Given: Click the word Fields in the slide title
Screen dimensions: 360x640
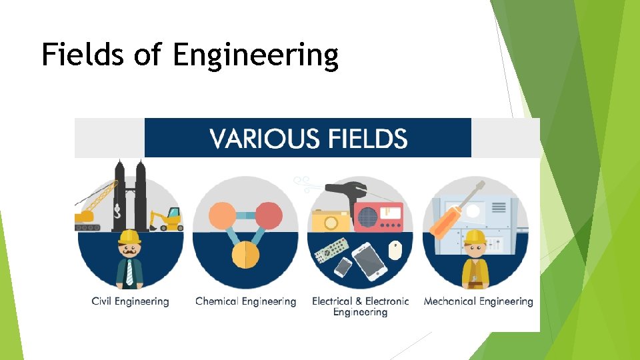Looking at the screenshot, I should pyautogui.click(x=82, y=55).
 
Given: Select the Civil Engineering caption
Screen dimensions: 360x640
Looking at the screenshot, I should pyautogui.click(x=130, y=301).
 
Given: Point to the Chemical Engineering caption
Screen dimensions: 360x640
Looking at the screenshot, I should pyautogui.click(x=245, y=301).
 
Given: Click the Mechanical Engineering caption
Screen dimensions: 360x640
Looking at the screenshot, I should pyautogui.click(x=478, y=301).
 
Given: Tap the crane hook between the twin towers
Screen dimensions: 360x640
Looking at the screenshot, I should pyautogui.click(x=117, y=212).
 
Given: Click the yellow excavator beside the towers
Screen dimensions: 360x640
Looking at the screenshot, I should pyautogui.click(x=166, y=219).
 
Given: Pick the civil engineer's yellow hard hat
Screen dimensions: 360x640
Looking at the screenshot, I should pyautogui.click(x=129, y=237).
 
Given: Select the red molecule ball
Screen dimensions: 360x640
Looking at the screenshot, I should pyautogui.click(x=268, y=215).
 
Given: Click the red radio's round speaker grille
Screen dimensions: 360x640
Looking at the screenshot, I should pyautogui.click(x=369, y=217).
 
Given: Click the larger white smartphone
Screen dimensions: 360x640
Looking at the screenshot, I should pyautogui.click(x=369, y=261).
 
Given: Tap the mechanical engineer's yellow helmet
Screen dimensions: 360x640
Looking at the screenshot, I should pyautogui.click(x=475, y=237).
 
